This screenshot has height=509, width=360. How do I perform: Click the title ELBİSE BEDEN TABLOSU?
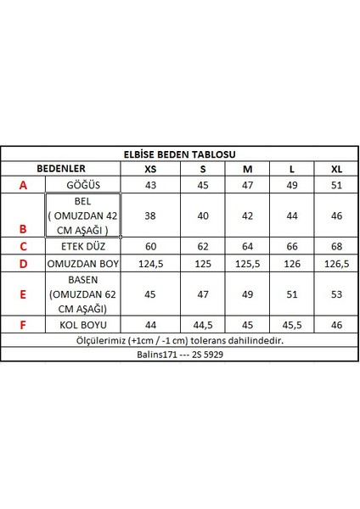[179, 154]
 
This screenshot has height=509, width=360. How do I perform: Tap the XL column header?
[335, 169]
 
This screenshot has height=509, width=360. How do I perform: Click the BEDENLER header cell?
[59, 169]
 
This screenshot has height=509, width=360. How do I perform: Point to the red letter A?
[23, 185]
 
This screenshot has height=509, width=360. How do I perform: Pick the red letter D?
[23, 264]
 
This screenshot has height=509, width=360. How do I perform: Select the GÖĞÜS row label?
[82, 185]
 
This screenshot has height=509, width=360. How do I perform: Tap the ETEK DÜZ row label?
[82, 246]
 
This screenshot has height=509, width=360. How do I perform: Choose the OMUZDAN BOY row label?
[82, 264]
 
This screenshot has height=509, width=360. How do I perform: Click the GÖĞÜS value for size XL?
[335, 185]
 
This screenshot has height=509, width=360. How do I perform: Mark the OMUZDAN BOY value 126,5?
[335, 264]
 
